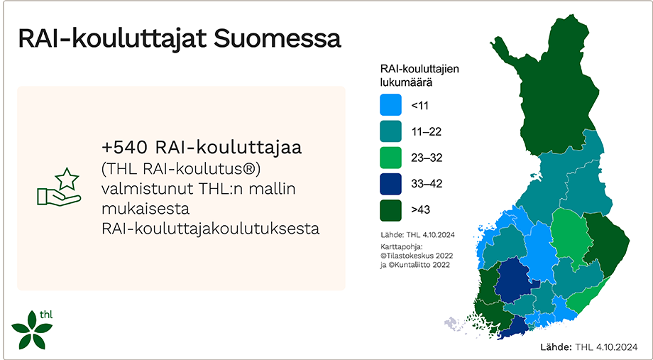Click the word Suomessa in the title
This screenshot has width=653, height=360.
[278, 39]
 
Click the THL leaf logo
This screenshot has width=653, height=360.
[32, 329]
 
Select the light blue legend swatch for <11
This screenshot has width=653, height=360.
[390, 105]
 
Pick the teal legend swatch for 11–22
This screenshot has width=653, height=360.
[390, 131]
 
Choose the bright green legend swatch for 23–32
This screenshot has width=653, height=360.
[390, 158]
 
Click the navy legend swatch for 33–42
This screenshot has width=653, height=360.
[390, 184]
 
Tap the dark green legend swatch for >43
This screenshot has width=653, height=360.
[390, 210]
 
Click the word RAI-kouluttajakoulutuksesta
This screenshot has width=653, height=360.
[211, 229]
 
